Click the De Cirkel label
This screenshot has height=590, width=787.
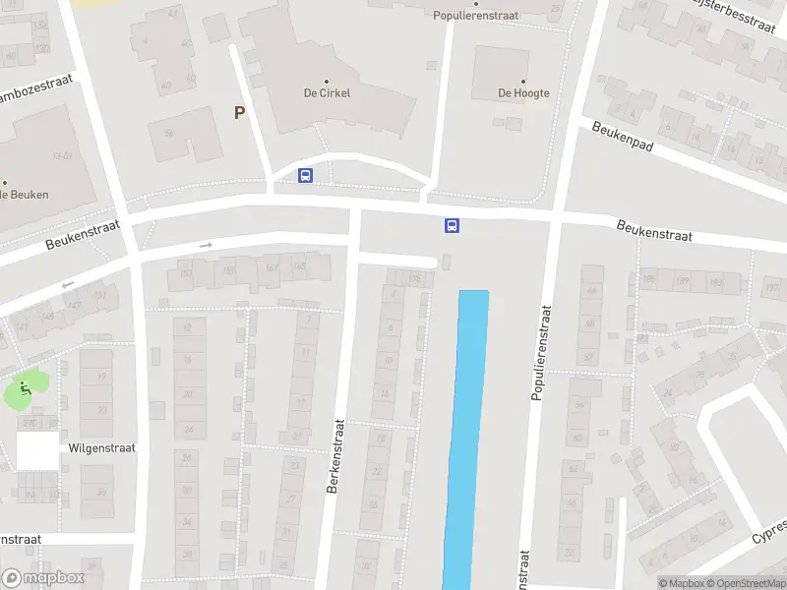pyautogui.click(x=327, y=92)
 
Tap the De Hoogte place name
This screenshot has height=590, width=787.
pyautogui.click(x=523, y=93)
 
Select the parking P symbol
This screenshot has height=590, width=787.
pyautogui.click(x=239, y=113)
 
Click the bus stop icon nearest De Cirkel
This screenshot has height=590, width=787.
pyautogui.click(x=305, y=175)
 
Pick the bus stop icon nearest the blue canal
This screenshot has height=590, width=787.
pyautogui.click(x=453, y=226)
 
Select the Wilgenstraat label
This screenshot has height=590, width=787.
pyautogui.click(x=101, y=447)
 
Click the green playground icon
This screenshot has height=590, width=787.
pyautogui.click(x=26, y=388)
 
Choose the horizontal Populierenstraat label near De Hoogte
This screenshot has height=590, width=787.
pyautogui.click(x=476, y=16)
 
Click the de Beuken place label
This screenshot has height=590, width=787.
pyautogui.click(x=24, y=195)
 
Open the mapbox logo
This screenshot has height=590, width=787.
pyautogui.click(x=43, y=578)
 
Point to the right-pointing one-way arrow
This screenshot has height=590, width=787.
pyautogui.click(x=206, y=245)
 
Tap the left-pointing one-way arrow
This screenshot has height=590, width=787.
pyautogui.click(x=68, y=286)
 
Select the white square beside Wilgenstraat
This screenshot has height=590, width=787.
pyautogui.click(x=37, y=451)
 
